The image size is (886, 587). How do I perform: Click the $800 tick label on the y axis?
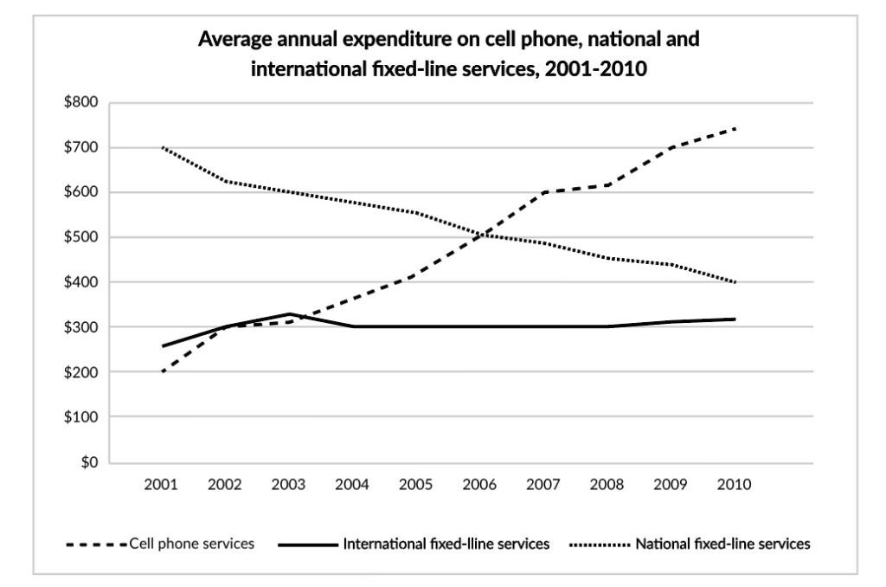point(80,102)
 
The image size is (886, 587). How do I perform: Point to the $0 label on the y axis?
point(89,462)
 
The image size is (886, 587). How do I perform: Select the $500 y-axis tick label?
point(80,237)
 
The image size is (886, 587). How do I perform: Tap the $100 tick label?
point(80,416)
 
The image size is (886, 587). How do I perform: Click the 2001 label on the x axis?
point(161,485)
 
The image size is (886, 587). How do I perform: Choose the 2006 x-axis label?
point(479,485)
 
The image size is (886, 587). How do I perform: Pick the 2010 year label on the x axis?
point(734,485)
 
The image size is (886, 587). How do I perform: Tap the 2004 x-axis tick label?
point(352,485)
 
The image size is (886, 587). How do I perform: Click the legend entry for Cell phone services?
point(160,544)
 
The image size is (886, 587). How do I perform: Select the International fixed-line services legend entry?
point(414,544)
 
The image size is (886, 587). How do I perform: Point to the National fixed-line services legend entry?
point(690,544)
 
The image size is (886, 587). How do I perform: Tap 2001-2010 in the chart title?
point(595,69)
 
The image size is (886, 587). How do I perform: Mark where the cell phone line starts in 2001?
point(163,371)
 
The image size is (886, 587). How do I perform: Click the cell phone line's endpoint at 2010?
point(735,129)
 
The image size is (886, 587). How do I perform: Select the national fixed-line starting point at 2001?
point(163,147)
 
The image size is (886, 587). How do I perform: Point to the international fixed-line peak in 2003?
point(289,314)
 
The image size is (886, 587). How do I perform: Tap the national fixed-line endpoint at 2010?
point(735,282)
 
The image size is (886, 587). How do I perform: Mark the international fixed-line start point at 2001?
point(163,346)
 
